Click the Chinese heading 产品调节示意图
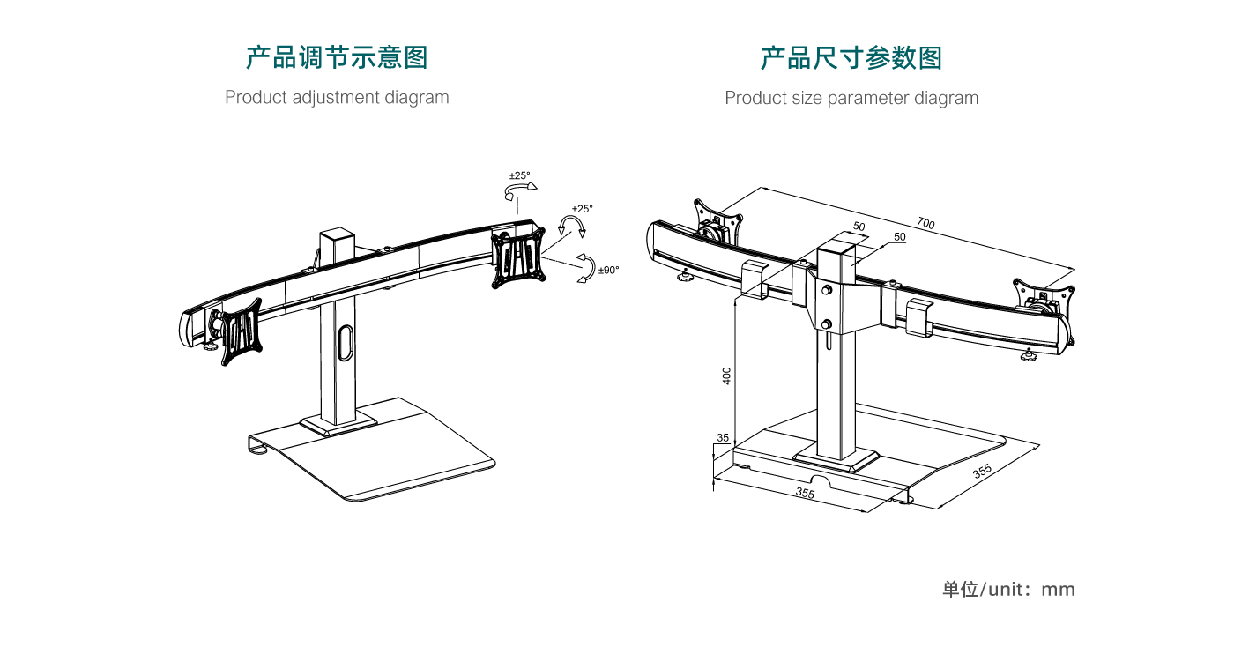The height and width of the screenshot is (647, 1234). (337, 58)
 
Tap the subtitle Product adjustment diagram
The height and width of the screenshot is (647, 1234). (337, 97)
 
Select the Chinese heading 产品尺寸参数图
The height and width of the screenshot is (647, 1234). (851, 58)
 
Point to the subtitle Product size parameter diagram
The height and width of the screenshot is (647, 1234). (851, 98)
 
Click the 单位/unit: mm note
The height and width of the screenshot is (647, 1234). (1008, 589)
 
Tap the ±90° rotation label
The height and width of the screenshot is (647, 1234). (608, 270)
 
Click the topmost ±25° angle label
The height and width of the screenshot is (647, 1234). (520, 175)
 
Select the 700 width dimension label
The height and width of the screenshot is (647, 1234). (925, 224)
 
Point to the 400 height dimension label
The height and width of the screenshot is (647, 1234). (727, 375)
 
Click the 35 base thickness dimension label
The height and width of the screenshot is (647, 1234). (723, 438)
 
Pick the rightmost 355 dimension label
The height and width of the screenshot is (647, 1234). (982, 471)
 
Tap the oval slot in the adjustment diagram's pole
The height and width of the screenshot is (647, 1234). (346, 342)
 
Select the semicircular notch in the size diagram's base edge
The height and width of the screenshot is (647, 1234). (821, 480)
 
